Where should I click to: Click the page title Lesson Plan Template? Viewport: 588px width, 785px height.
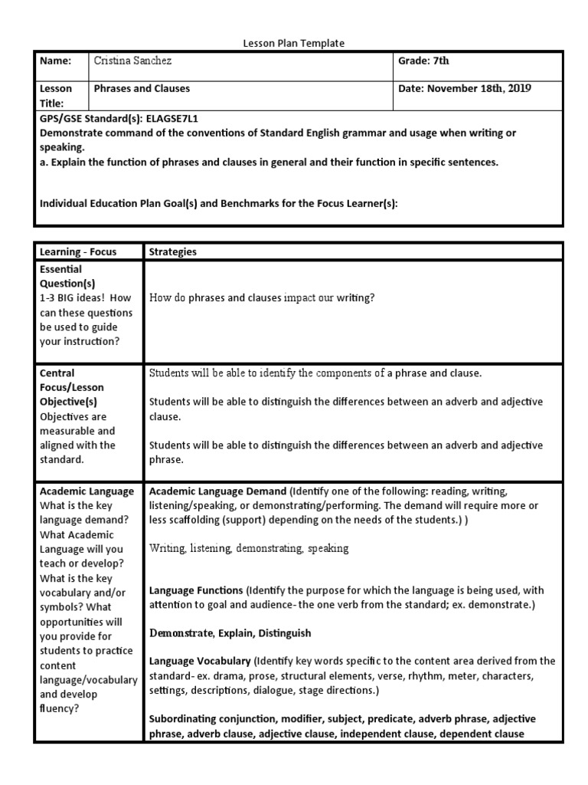click(x=294, y=44)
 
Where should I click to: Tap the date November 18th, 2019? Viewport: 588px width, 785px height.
click(x=465, y=89)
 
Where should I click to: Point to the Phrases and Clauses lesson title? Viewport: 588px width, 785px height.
click(x=142, y=89)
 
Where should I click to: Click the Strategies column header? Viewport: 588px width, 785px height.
click(x=172, y=251)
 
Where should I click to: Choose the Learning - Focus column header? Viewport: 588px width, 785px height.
click(x=78, y=251)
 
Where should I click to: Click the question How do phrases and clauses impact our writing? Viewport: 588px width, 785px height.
click(x=262, y=298)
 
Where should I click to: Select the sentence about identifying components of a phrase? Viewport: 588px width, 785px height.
click(x=315, y=373)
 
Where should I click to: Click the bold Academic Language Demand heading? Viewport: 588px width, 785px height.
click(x=217, y=491)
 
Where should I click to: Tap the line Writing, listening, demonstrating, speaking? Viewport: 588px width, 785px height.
click(x=249, y=548)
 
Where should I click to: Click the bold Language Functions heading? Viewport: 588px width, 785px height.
click(x=195, y=592)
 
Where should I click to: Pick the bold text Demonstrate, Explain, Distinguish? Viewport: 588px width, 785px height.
click(x=230, y=634)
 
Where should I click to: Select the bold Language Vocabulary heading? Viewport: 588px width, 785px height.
click(x=200, y=661)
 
